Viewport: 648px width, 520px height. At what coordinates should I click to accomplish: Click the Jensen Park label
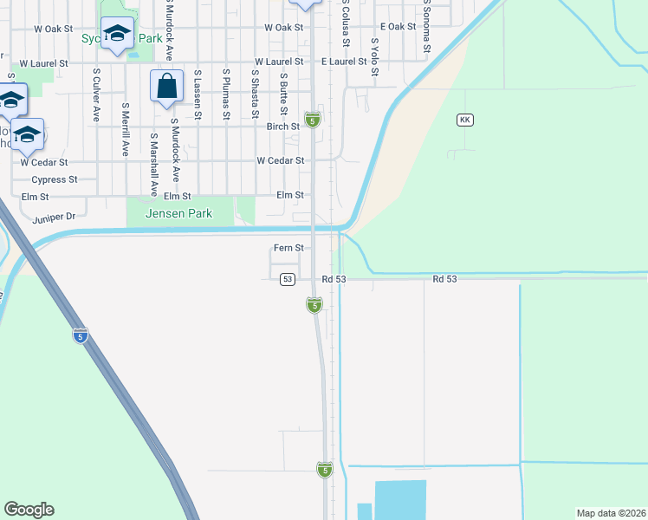[178, 213]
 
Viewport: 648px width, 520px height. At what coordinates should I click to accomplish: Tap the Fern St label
[288, 248]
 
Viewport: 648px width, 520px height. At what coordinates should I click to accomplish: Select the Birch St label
[282, 126]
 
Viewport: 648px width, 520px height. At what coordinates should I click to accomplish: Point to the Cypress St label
[55, 180]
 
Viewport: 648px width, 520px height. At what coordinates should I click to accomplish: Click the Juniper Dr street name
[55, 216]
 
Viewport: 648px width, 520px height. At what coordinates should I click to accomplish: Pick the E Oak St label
[398, 27]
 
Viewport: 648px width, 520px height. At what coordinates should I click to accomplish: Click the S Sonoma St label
[427, 26]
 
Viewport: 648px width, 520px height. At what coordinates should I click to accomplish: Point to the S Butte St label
[283, 94]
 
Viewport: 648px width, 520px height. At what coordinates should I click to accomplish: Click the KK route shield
[465, 120]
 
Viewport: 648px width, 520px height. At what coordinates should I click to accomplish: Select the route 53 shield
[288, 279]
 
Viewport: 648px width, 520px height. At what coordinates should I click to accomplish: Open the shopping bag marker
[166, 87]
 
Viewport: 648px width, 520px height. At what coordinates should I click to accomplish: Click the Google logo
[29, 510]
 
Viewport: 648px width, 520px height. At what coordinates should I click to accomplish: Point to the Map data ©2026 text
[610, 513]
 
